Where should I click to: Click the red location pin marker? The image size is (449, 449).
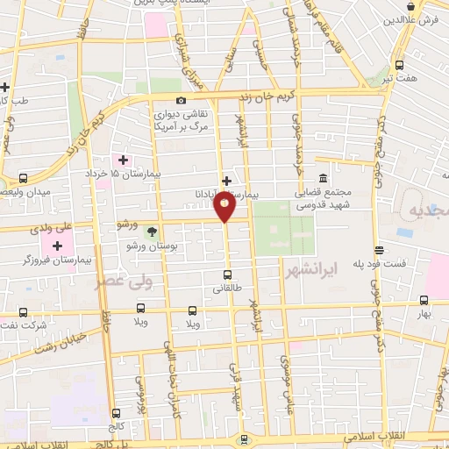click(224, 207)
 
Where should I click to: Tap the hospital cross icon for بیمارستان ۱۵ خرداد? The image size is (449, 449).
click(123, 160)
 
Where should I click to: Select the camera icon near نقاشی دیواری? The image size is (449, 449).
click(182, 101)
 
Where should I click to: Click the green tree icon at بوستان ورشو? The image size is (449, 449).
click(153, 232)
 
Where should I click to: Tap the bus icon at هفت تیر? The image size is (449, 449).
click(400, 65)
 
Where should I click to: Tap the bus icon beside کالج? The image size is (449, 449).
click(116, 413)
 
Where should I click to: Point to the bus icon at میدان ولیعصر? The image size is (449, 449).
click(23, 177)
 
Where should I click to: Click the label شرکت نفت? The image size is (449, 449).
click(25, 325)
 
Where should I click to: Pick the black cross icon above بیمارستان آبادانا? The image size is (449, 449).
click(226, 180)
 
